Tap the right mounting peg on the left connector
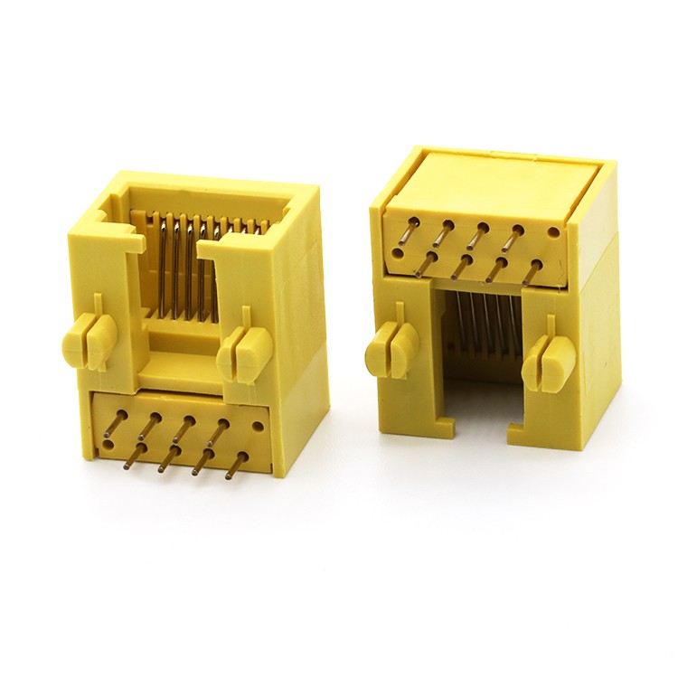tap(242, 350)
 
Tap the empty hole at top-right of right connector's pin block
tap(552, 232)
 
